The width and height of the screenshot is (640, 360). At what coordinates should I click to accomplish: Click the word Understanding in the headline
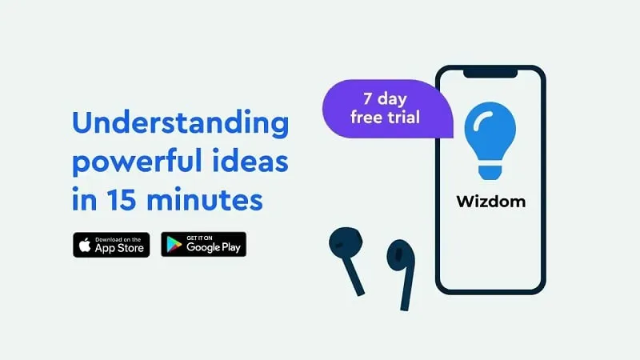coord(181,122)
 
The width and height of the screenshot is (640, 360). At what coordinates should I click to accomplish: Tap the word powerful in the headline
coord(137,162)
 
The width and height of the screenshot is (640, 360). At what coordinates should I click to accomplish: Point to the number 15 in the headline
coord(122,199)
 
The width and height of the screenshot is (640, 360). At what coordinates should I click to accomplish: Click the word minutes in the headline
coord(205,199)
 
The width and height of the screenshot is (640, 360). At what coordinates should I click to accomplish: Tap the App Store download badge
coord(111,245)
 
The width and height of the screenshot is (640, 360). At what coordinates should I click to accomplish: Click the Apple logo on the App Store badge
coord(85,245)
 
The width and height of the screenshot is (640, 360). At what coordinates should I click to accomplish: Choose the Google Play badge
coord(204,245)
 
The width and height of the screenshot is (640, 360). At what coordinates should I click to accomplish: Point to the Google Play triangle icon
coord(174,245)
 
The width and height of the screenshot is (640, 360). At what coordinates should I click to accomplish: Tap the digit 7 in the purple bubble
coord(367,98)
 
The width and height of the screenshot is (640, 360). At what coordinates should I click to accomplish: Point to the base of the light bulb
coord(490,171)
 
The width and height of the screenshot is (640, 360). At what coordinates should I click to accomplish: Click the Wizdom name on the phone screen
coord(491,202)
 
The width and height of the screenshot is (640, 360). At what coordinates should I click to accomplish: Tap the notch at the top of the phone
coord(490,74)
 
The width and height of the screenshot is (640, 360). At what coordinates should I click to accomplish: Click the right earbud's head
coord(401,254)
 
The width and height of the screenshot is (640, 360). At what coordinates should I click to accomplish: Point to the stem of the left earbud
coord(354,275)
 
